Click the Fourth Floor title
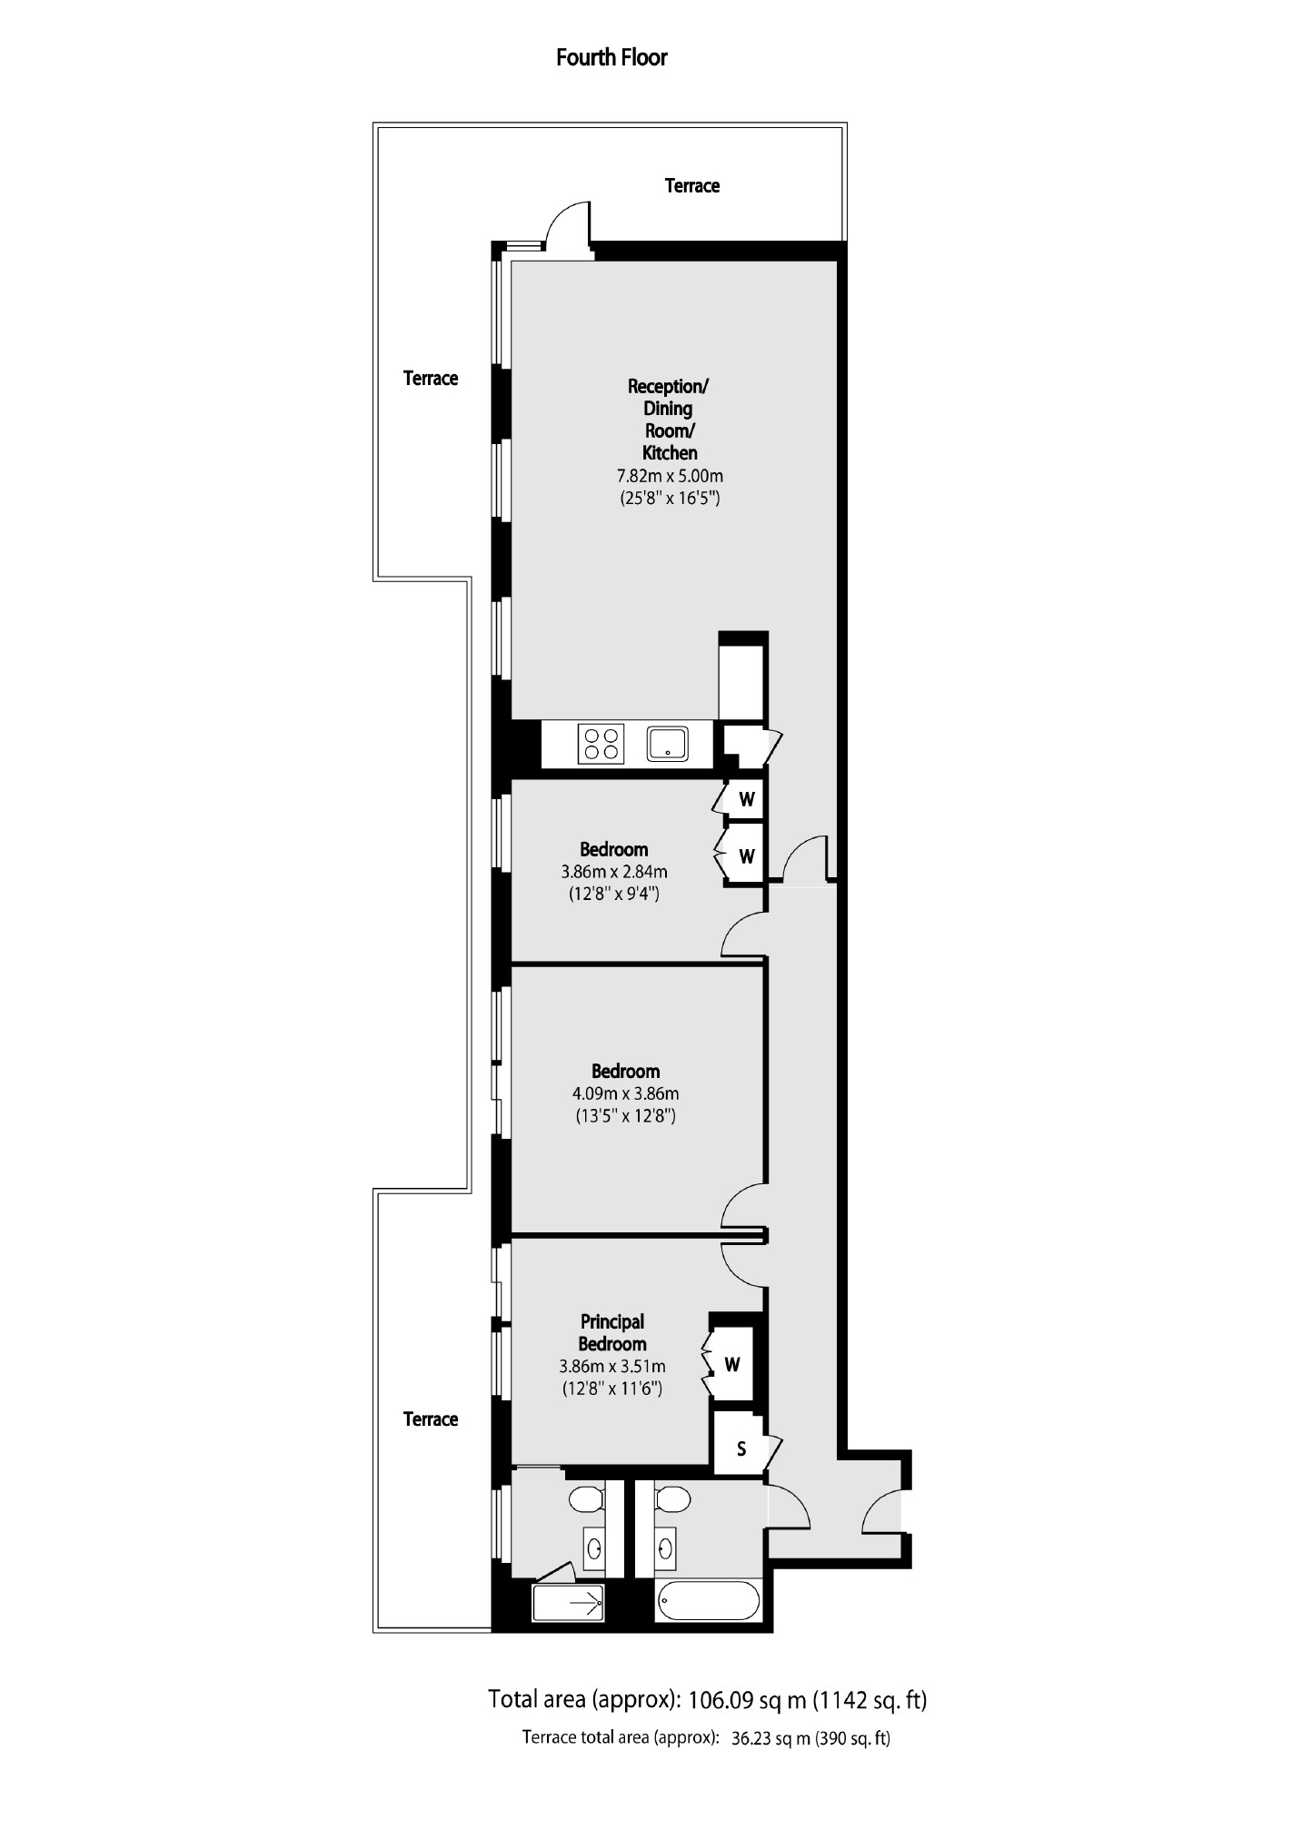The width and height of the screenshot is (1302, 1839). [x=611, y=58]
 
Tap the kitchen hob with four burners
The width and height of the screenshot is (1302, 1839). [x=601, y=744]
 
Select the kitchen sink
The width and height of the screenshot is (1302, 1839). [x=668, y=744]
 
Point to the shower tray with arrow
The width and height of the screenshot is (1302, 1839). [x=569, y=1605]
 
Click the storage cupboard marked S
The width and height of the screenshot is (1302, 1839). [x=740, y=1449]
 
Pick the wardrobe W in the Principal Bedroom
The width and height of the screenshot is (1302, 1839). [x=732, y=1364]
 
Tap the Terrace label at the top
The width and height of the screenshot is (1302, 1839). [x=692, y=186]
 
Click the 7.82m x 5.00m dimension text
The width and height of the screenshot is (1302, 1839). [x=670, y=476]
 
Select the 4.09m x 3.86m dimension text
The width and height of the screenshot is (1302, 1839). [x=626, y=1093]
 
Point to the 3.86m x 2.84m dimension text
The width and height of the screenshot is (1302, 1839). [x=614, y=872]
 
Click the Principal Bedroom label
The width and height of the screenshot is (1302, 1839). [x=612, y=1332]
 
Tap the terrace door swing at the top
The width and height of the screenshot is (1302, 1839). [x=569, y=223]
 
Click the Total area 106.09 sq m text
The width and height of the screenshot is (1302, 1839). [x=707, y=1699]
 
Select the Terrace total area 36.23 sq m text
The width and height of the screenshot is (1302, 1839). [x=706, y=1738]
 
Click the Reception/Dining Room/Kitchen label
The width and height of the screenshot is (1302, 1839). [x=669, y=419]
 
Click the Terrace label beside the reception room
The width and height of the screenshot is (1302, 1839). [x=431, y=379]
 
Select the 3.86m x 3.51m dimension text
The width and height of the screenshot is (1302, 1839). [x=612, y=1366]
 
